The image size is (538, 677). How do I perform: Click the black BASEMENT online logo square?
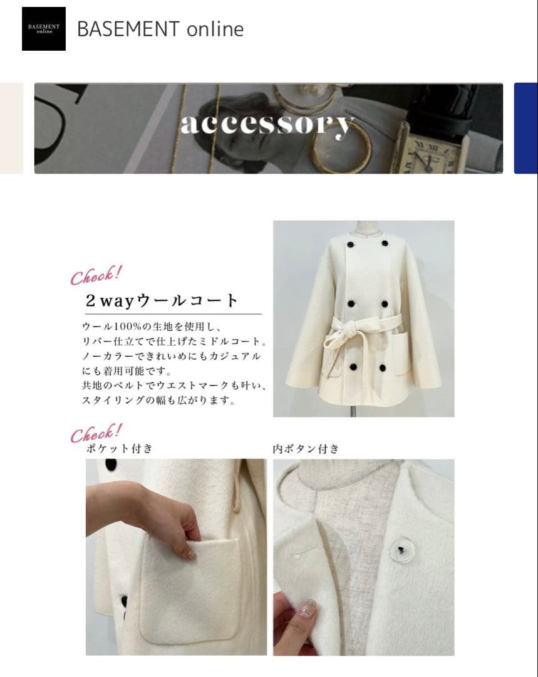click(44, 28)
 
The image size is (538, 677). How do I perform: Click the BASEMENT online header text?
click(160, 29)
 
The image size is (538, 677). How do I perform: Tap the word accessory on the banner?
click(267, 124)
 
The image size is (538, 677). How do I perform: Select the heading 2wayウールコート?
click(162, 300)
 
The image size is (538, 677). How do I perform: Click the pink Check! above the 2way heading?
click(96, 275)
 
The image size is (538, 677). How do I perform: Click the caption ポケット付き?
click(120, 449)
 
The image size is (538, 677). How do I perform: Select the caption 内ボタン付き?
click(306, 449)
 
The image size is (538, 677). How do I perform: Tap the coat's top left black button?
click(350, 245)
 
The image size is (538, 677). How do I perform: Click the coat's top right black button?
click(384, 244)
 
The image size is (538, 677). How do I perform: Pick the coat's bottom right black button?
click(382, 368)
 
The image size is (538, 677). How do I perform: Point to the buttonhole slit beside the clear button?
click(304, 551)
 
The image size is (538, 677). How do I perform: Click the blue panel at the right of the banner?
click(525, 129)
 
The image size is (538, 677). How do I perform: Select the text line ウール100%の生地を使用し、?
click(152, 327)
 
